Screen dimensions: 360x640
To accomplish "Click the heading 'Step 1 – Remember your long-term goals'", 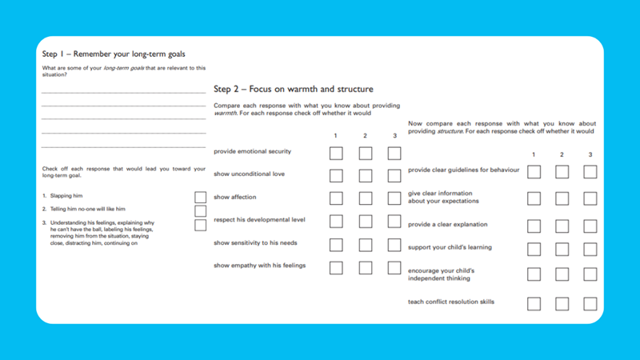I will [114, 54].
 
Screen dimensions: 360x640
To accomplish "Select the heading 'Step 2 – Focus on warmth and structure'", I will [294, 89].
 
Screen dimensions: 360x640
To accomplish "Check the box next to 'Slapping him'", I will [200, 197].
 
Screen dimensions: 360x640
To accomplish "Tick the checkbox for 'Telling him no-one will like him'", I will [200, 211].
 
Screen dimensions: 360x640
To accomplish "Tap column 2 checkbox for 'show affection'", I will [366, 198].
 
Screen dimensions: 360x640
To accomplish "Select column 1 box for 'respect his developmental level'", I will [336, 222].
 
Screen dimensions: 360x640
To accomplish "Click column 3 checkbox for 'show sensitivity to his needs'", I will [394, 245].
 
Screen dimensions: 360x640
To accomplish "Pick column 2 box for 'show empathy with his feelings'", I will [366, 268].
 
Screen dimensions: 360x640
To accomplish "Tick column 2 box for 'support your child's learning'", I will [562, 250].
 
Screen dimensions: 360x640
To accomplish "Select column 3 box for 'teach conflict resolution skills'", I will [590, 304].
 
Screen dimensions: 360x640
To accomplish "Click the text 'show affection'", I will [233, 197].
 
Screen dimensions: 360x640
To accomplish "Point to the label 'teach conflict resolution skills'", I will [451, 302].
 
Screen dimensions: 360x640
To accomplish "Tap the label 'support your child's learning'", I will [450, 247].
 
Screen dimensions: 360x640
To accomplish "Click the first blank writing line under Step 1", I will [123, 94].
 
